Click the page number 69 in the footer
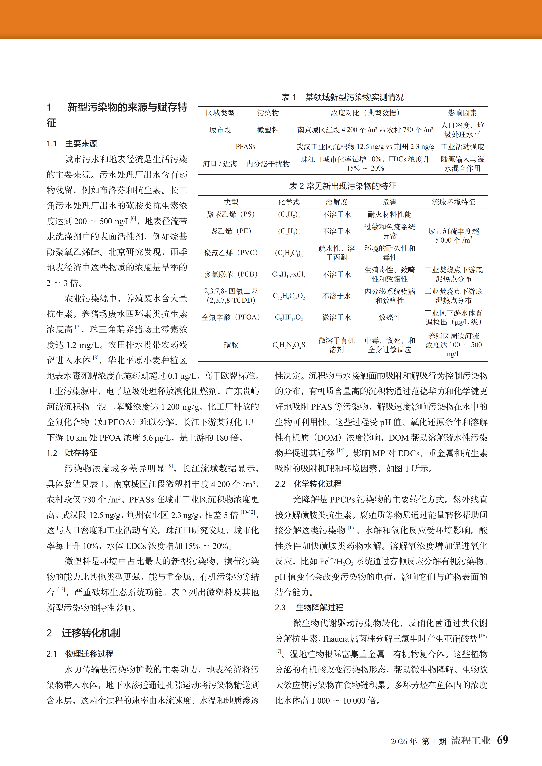tap(502, 740)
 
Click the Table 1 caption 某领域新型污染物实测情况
tap(354, 97)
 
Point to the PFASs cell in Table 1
tap(245, 147)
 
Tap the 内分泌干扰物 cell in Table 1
tap(268, 164)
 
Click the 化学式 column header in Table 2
tap(289, 202)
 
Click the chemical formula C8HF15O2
tap(289, 317)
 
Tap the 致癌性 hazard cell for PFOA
tap(389, 317)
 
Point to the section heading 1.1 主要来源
tap(72, 143)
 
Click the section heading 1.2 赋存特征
tap(72, 453)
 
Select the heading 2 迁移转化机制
tap(83, 633)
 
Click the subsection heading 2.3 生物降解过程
tap(309, 607)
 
